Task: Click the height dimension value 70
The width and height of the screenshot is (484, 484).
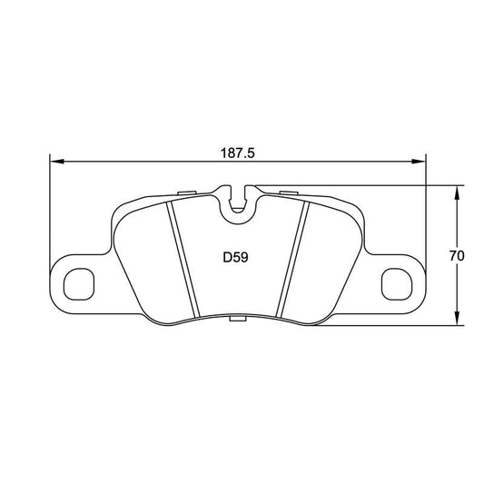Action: [x=457, y=256]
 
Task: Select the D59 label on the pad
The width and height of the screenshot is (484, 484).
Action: [x=236, y=257]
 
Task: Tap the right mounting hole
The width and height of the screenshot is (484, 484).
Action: [x=396, y=283]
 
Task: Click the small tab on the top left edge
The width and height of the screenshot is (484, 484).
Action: [x=187, y=193]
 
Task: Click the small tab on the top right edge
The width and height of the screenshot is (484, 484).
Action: [x=290, y=193]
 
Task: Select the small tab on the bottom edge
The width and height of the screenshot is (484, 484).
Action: [x=238, y=320]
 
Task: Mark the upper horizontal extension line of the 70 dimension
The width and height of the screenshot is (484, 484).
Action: [x=445, y=186]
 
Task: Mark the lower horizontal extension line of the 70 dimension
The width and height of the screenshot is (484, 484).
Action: [x=445, y=325]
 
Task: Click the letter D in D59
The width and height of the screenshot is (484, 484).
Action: [x=227, y=257]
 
